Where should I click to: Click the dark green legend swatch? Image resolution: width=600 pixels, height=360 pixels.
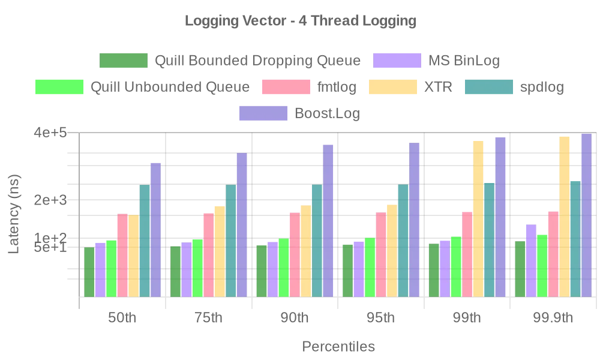[122, 61]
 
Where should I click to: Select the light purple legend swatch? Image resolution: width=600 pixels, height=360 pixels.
[397, 61]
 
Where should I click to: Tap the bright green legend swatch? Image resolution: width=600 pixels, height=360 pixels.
[59, 87]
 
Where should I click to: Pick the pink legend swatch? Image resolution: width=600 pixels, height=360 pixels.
[286, 87]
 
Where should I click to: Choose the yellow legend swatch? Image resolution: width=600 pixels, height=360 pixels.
[391, 87]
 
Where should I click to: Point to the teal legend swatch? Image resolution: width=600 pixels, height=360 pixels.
[488, 87]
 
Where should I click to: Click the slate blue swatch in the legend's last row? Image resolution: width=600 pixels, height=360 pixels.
[262, 113]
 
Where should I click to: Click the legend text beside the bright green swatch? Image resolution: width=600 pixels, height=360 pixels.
[170, 88]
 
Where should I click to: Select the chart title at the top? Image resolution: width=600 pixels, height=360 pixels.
[299, 22]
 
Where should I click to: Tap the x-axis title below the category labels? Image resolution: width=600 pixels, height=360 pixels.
[340, 347]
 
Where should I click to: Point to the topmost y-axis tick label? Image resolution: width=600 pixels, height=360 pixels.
[50, 133]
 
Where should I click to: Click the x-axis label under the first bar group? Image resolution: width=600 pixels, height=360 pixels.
[122, 319]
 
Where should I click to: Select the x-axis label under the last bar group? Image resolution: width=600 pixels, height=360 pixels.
[554, 319]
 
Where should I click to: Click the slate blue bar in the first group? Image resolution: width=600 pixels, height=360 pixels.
[155, 228]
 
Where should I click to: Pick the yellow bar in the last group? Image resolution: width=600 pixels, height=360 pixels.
[564, 215]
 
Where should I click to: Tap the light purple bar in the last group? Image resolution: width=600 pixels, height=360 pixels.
[530, 259]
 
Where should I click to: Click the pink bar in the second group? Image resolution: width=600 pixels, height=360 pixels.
[208, 254]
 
